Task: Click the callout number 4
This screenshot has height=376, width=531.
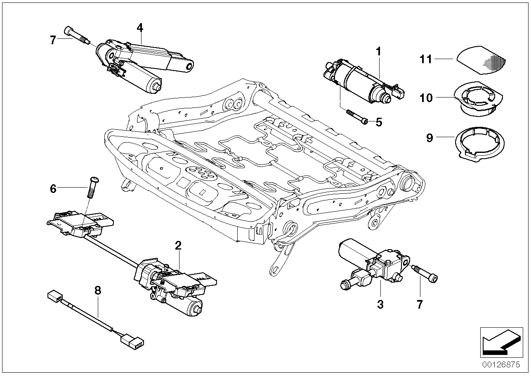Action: click(140, 28)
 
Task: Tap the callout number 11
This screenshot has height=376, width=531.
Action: click(427, 59)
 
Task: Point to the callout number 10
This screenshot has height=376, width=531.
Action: click(427, 98)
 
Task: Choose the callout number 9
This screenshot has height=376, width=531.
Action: click(430, 138)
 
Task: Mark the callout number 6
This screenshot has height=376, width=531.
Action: click(53, 189)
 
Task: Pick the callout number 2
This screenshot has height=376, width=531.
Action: click(178, 246)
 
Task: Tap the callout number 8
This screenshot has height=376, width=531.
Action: click(97, 290)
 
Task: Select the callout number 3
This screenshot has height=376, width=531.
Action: click(380, 305)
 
